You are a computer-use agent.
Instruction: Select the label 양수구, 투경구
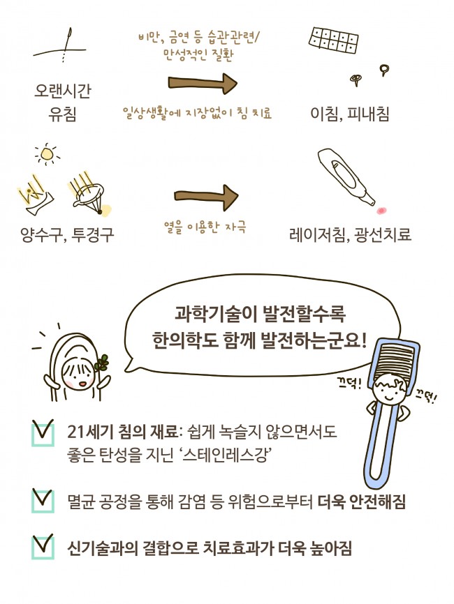(x=67, y=234)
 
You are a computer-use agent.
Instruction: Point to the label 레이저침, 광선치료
(x=350, y=234)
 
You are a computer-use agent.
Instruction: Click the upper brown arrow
(x=203, y=84)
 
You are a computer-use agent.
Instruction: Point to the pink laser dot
(x=380, y=210)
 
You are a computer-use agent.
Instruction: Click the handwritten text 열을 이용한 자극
(x=205, y=228)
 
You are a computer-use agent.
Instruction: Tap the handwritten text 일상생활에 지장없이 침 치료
(x=197, y=112)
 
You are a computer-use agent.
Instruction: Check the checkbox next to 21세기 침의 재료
(x=43, y=433)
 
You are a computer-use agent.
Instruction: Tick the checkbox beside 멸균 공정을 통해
(x=43, y=499)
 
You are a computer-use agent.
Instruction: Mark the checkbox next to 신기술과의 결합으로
(x=43, y=546)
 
